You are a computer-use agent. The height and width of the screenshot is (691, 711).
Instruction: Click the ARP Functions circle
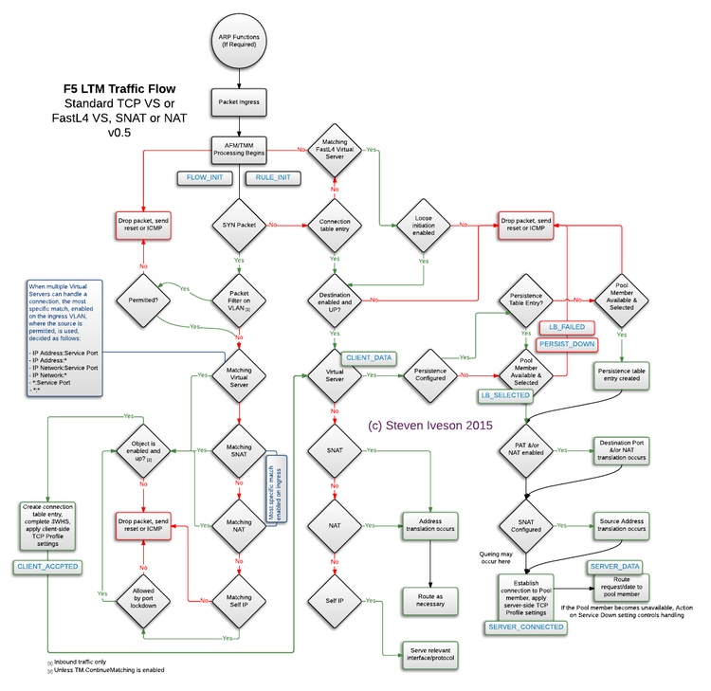[x=239, y=40]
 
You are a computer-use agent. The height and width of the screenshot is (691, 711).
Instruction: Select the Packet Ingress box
[x=239, y=100]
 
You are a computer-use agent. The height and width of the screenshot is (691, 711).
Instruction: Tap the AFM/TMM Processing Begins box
[x=239, y=149]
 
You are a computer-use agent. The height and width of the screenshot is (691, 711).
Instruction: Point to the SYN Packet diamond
[x=239, y=225]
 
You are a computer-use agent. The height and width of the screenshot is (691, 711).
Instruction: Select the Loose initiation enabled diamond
[x=423, y=225]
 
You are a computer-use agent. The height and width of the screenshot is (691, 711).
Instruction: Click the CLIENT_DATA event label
[x=370, y=357]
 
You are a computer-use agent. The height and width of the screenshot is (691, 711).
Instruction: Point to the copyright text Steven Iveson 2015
[x=431, y=426]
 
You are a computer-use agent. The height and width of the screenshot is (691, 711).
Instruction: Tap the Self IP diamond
[x=335, y=601]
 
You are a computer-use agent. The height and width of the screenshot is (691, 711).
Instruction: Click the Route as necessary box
[x=431, y=597]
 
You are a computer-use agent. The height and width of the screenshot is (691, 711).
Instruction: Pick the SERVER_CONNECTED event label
[x=525, y=627]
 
